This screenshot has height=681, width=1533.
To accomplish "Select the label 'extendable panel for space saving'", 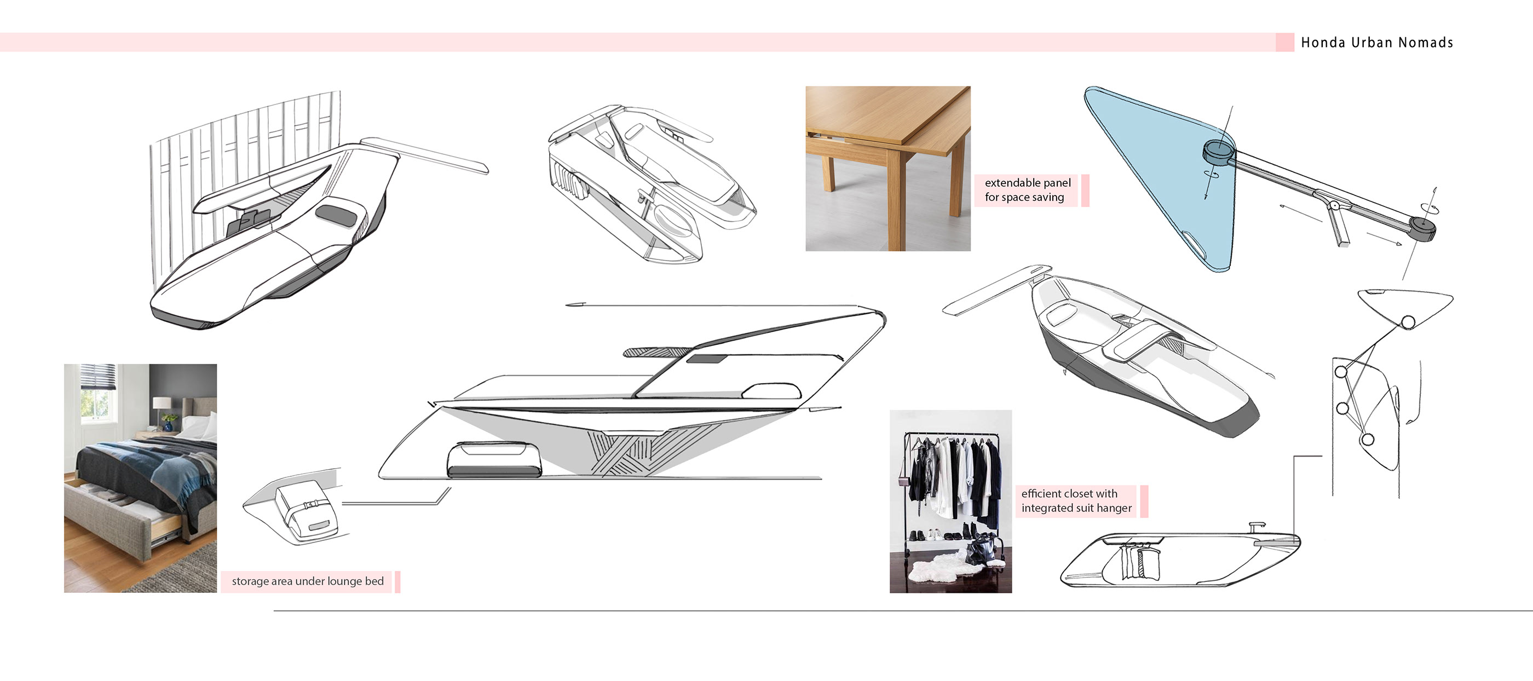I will [x=1027, y=190].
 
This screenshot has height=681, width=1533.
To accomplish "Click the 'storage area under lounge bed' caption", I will [x=308, y=581].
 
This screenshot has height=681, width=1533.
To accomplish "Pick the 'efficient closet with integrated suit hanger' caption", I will [x=1076, y=501].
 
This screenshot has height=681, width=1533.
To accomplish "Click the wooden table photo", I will [x=887, y=169].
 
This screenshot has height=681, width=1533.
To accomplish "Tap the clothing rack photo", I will [x=950, y=501].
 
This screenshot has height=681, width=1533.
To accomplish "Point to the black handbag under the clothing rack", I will [x=979, y=551].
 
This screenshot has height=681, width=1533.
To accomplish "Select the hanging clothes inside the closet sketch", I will [x=1140, y=563].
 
